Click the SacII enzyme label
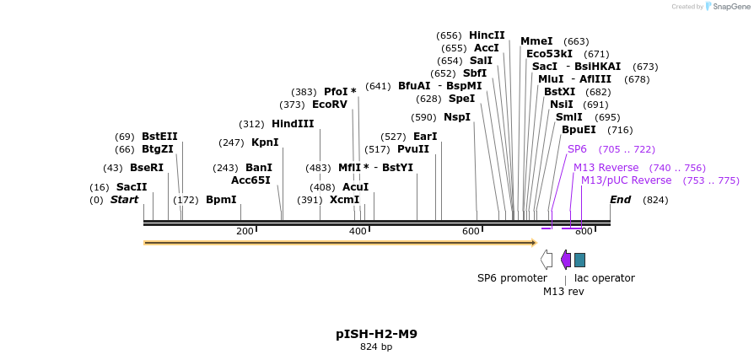click(x=132, y=187)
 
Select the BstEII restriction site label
click(x=159, y=137)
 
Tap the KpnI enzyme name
click(x=265, y=142)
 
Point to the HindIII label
click(x=293, y=124)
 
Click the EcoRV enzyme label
click(x=330, y=105)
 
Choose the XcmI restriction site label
click(x=344, y=200)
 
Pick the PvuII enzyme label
click(x=413, y=149)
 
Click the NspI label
click(x=457, y=117)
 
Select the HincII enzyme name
click(x=487, y=35)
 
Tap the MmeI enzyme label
click(x=536, y=41)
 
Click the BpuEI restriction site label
click(x=579, y=130)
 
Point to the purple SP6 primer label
click(x=577, y=149)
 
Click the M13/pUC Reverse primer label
click(x=626, y=180)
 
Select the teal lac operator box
click(x=579, y=260)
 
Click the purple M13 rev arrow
click(x=566, y=260)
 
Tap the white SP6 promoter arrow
click(x=547, y=260)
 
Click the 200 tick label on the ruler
click(x=245, y=231)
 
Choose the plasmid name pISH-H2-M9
click(x=376, y=334)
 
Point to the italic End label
click(x=620, y=200)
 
